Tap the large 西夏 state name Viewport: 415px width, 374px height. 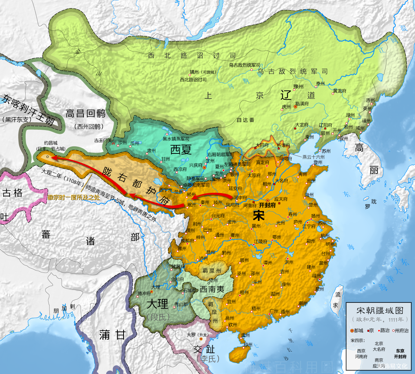[x=181, y=149]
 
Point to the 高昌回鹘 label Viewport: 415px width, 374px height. [x=86, y=113]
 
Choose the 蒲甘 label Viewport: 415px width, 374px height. [x=112, y=335]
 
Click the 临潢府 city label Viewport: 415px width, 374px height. [x=301, y=104]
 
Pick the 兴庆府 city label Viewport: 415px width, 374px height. [x=196, y=165]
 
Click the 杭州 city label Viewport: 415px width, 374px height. [x=325, y=236]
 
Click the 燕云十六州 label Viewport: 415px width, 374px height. [x=313, y=157]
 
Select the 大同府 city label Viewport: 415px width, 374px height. [x=262, y=145]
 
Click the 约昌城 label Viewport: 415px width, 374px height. [x=51, y=143]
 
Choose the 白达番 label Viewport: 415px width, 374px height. [x=246, y=120]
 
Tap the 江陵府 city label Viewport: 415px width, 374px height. [x=261, y=241]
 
